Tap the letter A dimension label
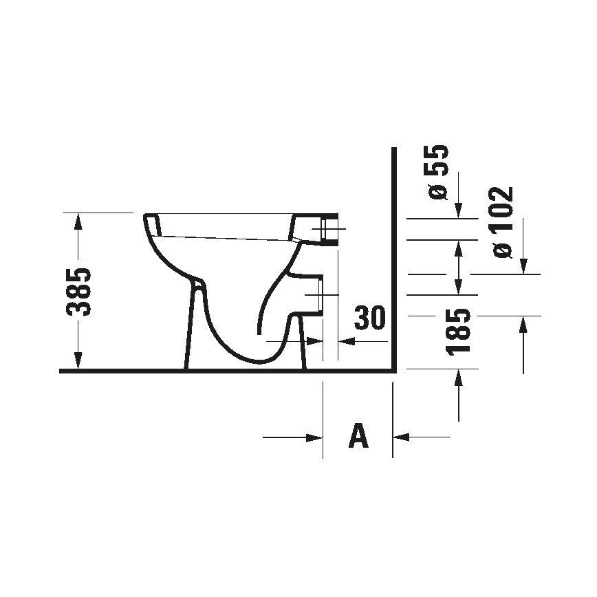(358, 436)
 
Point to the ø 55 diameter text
(438, 172)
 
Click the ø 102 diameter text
(503, 221)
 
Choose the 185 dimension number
(458, 332)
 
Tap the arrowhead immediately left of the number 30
(347, 341)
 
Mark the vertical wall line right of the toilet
(393, 261)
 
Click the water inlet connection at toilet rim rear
(330, 228)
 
